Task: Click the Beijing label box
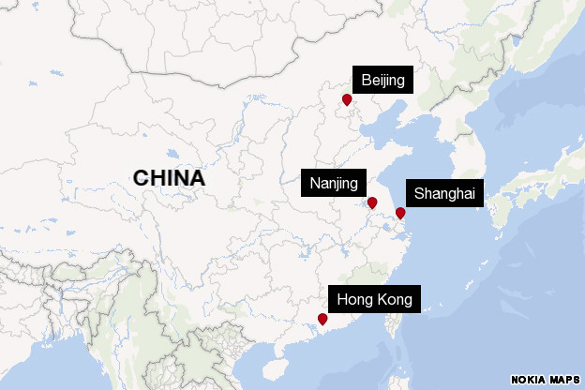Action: tap(382, 81)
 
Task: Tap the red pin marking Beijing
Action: tap(347, 99)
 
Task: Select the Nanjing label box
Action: tap(334, 183)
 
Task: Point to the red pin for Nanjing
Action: tap(372, 202)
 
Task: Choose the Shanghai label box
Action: tap(444, 195)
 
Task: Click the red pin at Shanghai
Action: tap(400, 214)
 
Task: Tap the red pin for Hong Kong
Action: tap(322, 320)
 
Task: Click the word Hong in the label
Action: tap(354, 300)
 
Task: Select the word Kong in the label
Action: tap(394, 300)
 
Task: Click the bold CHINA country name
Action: tap(169, 178)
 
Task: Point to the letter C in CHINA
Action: tap(141, 178)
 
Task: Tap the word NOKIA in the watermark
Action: tap(529, 378)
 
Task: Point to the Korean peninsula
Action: tap(469, 164)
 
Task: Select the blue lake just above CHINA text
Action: tap(171, 155)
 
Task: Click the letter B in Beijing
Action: tap(366, 81)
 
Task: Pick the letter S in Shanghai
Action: tap(419, 195)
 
